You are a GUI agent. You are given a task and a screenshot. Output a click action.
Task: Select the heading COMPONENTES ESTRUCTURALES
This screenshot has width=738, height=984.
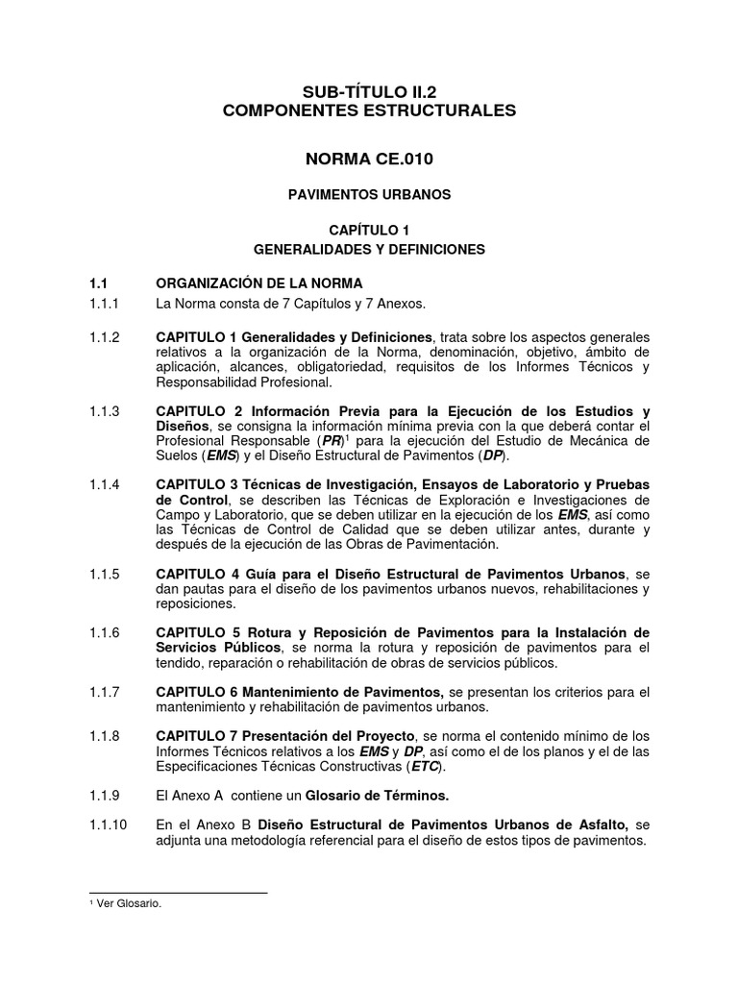[x=369, y=111]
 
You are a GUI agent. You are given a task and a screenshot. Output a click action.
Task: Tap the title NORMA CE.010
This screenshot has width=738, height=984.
[x=369, y=157]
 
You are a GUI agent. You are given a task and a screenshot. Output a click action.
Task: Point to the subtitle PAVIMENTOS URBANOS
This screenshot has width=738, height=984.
[x=369, y=194]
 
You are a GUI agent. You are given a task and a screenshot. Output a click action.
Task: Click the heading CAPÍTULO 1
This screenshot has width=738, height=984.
[x=369, y=230]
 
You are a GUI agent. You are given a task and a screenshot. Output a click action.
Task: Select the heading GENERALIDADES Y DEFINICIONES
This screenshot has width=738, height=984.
[x=369, y=249]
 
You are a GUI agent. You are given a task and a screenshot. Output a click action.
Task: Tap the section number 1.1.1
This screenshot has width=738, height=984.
[x=103, y=305]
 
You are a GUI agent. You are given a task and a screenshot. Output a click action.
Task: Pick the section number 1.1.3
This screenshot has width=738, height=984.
[x=103, y=411]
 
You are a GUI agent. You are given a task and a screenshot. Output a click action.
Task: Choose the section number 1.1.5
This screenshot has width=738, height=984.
[x=103, y=574]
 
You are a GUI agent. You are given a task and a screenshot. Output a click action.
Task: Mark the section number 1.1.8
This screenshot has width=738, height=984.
[x=103, y=736]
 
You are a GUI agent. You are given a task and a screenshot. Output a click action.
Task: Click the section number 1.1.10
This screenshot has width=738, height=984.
[x=106, y=824]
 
